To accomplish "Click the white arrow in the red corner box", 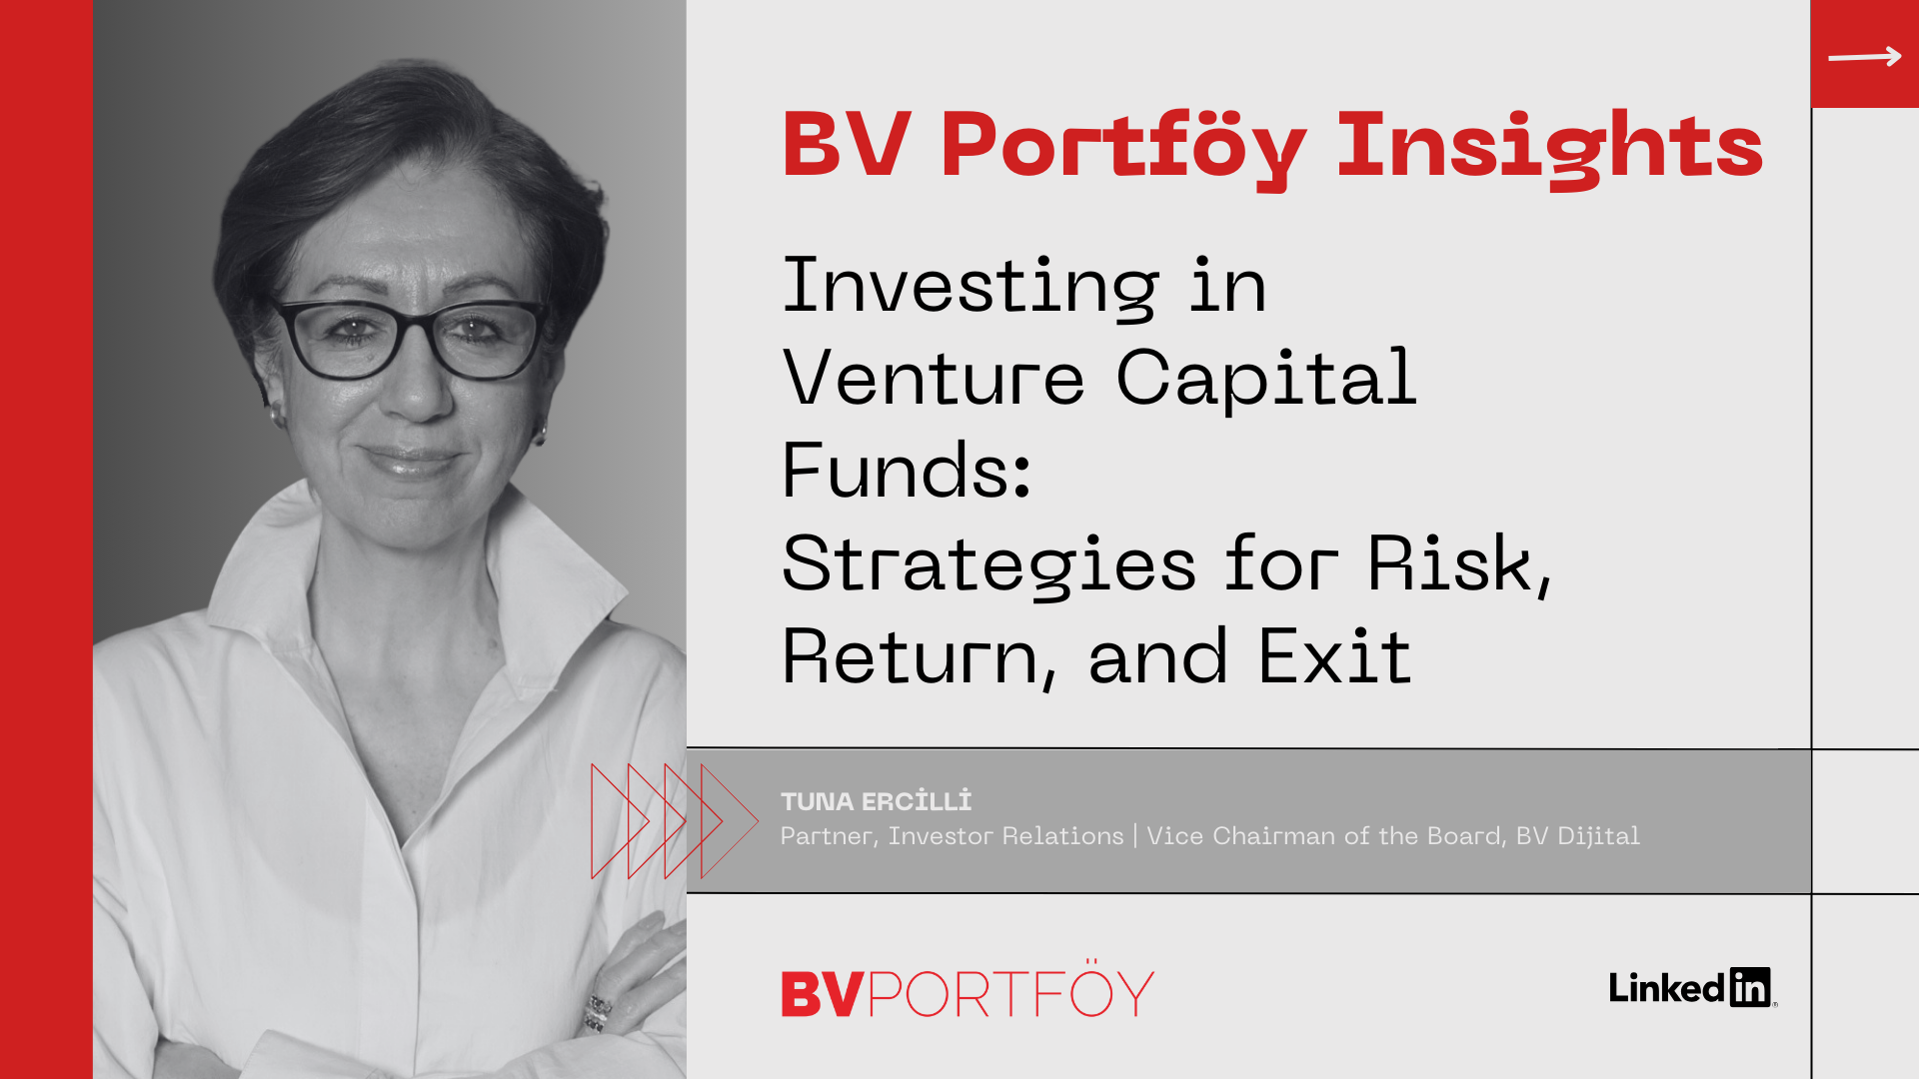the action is click(1865, 57).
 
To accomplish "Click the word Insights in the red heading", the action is click(1550, 147).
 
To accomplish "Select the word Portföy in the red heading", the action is click(1123, 147).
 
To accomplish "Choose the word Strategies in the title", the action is click(988, 564).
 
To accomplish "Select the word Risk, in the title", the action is click(1459, 564).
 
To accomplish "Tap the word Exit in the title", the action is click(1334, 656).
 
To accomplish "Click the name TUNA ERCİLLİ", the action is click(876, 801).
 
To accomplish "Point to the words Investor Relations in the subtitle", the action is click(1005, 836).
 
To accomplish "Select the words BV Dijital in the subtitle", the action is click(1577, 836).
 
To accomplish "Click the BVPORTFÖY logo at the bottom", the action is click(967, 991).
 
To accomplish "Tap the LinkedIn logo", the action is click(1692, 988).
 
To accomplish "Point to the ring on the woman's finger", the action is click(598, 1011).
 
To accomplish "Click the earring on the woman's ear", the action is click(541, 434).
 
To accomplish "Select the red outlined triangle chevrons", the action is click(675, 821).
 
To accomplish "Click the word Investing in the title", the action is click(969, 287).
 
